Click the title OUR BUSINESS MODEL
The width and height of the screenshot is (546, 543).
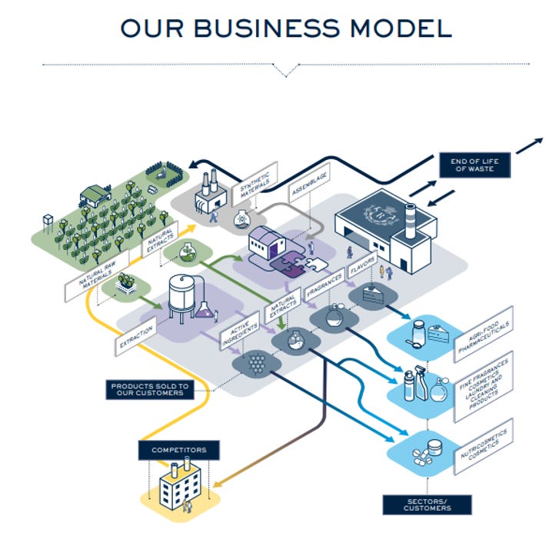click(x=285, y=28)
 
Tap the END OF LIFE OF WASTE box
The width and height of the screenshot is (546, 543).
click(x=471, y=165)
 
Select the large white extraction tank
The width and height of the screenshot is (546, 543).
click(x=182, y=296)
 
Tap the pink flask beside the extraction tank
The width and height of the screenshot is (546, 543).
click(x=205, y=309)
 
